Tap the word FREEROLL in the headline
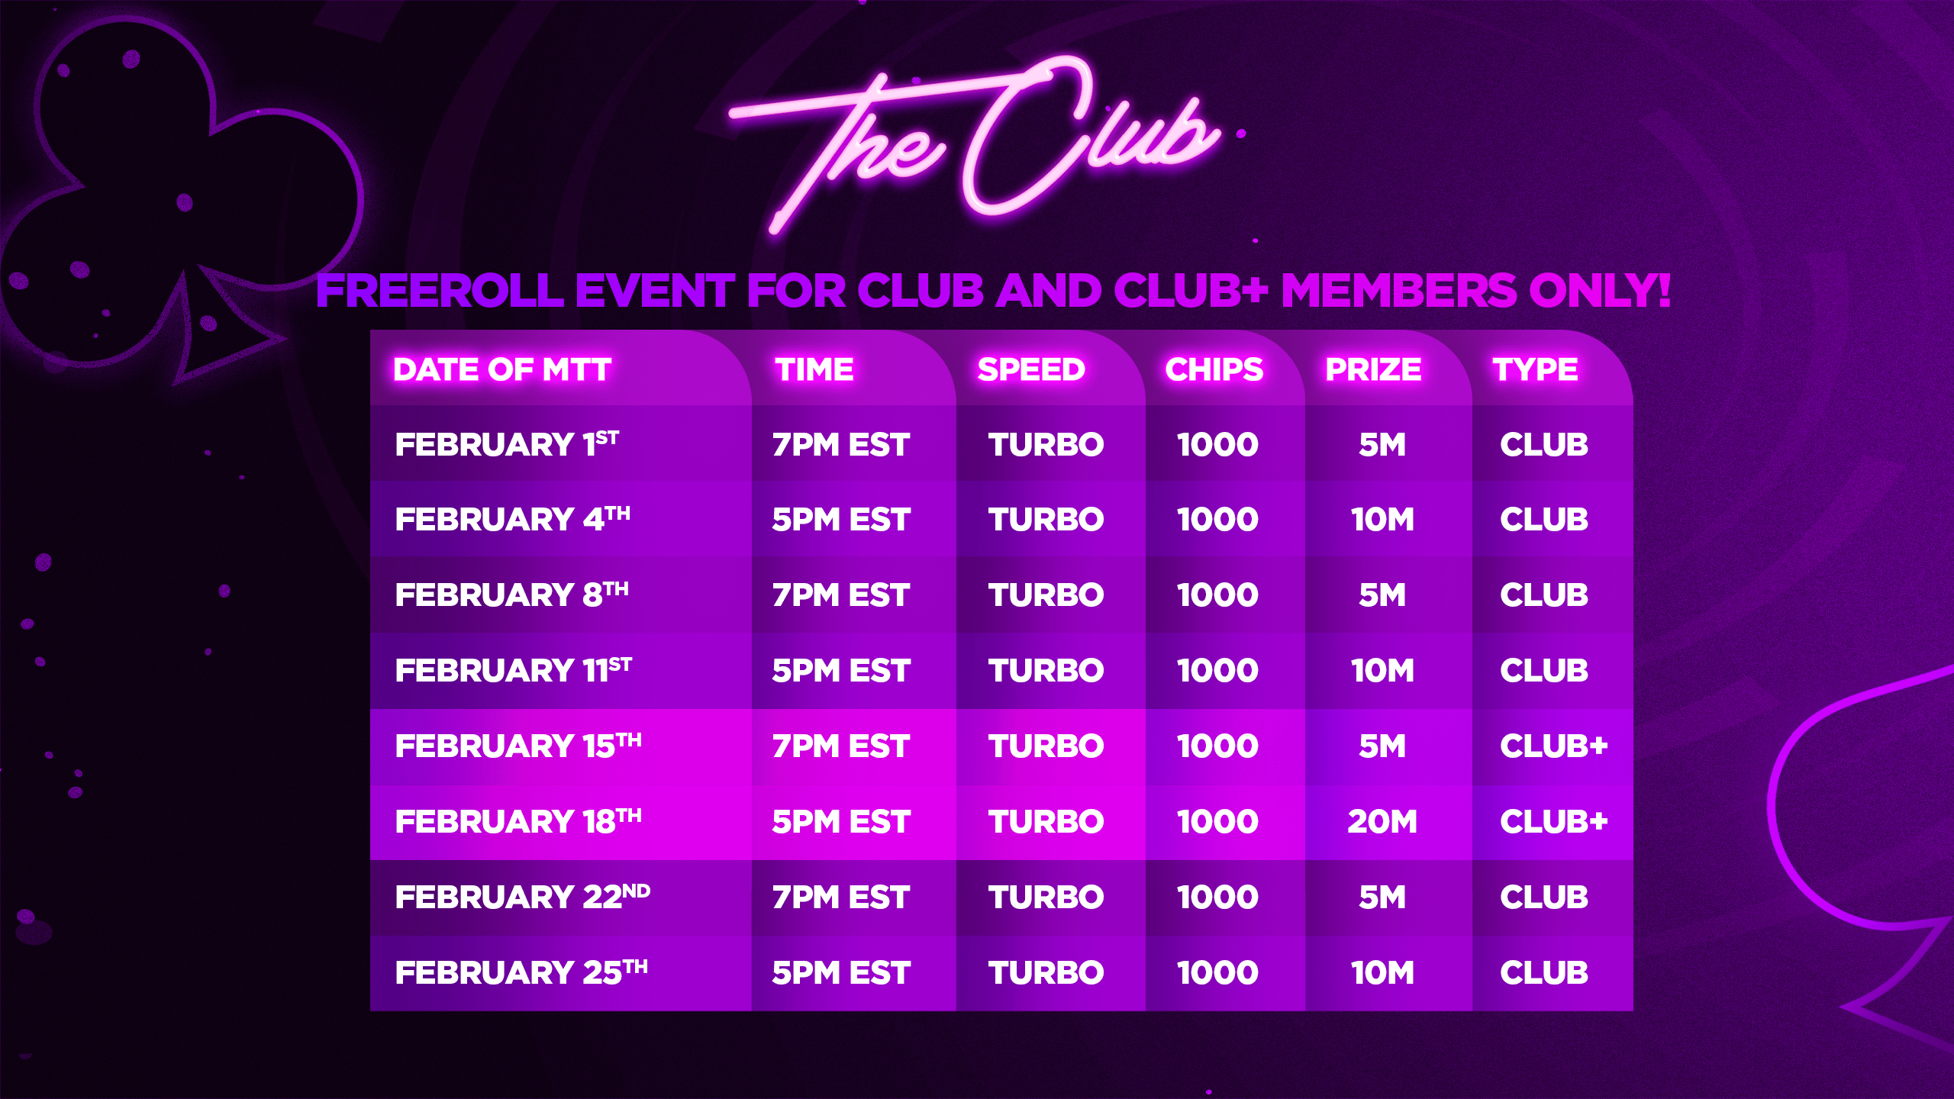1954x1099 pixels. (440, 291)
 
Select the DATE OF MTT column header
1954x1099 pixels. (502, 370)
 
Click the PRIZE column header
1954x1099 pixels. (1373, 370)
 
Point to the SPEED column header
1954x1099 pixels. (1031, 370)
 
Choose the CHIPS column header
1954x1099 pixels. (1214, 370)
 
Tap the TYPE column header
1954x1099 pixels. (1535, 370)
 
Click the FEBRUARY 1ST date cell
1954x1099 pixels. (507, 444)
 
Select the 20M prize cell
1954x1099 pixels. (1382, 822)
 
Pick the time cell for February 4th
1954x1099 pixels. (841, 520)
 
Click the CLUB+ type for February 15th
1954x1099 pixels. (1554, 746)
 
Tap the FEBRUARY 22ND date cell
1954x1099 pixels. (523, 897)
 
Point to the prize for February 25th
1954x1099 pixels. (1382, 973)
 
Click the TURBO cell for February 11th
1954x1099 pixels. (1046, 671)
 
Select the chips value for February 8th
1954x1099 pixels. (1217, 595)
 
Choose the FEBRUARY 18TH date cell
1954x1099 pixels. (518, 821)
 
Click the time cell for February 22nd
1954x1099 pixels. (841, 898)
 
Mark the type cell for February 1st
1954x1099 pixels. (1544, 445)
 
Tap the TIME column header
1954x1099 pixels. (814, 370)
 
